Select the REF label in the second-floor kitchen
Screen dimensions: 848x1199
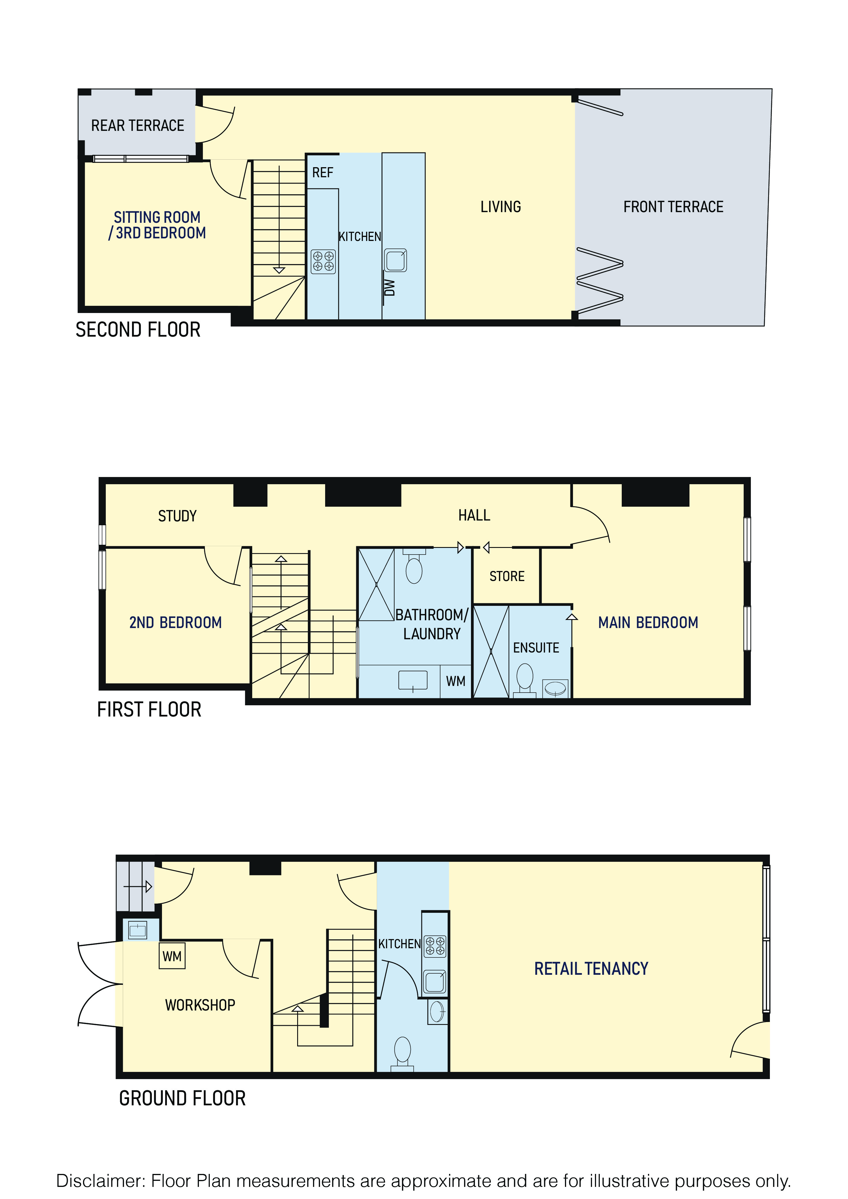pos(323,173)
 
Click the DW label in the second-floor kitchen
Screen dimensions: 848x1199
pos(389,287)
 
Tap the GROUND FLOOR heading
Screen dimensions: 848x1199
pos(182,1099)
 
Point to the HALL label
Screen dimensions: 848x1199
pos(474,516)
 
